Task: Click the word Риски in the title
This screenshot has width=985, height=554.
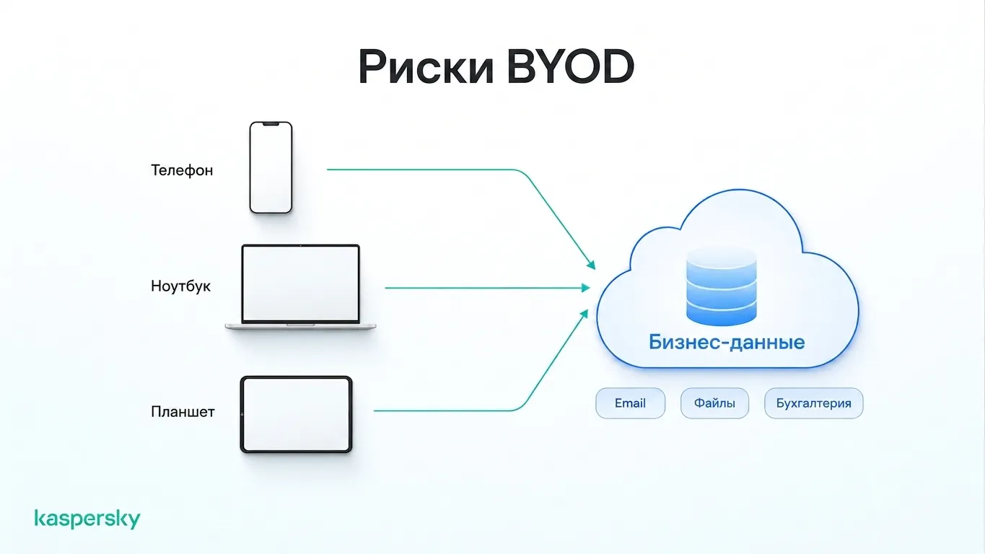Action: tap(426, 67)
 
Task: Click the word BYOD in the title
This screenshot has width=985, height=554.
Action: tap(571, 67)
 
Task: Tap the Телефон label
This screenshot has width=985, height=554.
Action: tap(182, 170)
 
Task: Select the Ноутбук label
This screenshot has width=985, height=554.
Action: tap(180, 286)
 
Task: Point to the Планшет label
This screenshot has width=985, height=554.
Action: tap(183, 412)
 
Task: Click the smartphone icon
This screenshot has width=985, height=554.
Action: tap(271, 167)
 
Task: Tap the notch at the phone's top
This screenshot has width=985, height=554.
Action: tap(271, 124)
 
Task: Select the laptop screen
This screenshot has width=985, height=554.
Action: tap(301, 283)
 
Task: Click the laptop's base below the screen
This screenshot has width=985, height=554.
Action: tap(301, 326)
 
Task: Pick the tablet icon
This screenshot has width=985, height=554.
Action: tap(297, 414)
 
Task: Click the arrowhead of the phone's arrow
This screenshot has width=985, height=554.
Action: tap(592, 265)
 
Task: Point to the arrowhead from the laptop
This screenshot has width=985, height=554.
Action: tap(586, 288)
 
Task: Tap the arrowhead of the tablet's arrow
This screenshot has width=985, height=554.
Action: tap(584, 314)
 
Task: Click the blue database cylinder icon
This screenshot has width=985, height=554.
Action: tap(722, 286)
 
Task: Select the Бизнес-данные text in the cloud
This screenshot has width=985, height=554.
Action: tap(727, 342)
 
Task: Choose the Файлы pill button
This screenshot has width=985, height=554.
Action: tap(714, 403)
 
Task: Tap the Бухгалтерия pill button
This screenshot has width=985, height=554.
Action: tap(814, 403)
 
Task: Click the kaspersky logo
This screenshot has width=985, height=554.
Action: tap(87, 519)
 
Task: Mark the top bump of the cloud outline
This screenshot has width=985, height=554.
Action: tap(740, 190)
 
